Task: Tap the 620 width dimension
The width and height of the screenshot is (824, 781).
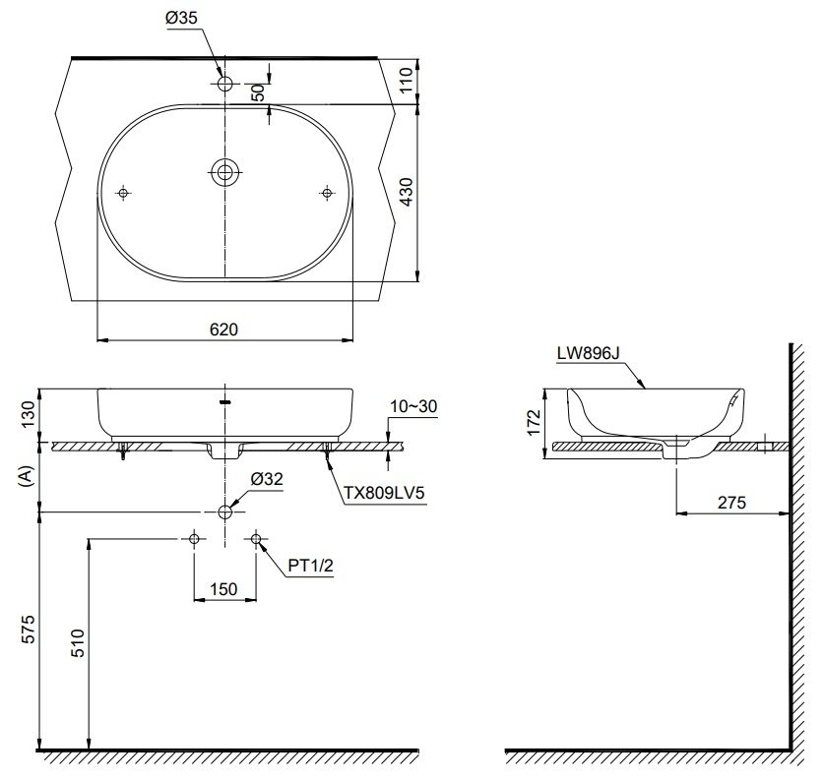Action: [x=224, y=330]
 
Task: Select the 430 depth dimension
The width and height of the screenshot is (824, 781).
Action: [x=407, y=190]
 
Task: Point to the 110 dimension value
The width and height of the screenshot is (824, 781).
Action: [x=407, y=79]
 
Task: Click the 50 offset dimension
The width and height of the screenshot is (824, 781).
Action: [x=258, y=90]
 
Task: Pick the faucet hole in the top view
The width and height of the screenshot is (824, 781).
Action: [x=225, y=85]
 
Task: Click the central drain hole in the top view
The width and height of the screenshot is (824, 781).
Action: [x=225, y=173]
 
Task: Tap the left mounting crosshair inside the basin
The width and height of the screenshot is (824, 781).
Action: [x=123, y=193]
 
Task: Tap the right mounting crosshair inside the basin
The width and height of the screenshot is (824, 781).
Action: [x=327, y=193]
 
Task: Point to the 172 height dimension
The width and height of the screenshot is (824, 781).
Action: [x=533, y=421]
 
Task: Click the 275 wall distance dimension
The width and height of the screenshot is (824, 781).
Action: [x=730, y=502]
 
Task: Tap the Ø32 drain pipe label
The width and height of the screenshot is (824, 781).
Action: [x=267, y=479]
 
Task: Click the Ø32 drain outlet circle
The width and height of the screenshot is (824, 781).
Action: [x=225, y=511]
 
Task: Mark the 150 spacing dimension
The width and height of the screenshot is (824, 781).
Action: [x=224, y=588]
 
